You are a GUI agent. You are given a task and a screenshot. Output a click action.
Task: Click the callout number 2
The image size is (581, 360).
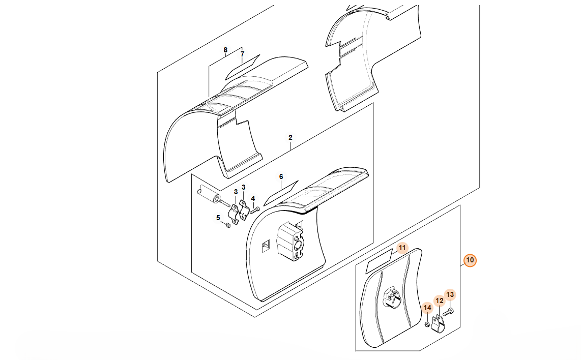click(x=290, y=137)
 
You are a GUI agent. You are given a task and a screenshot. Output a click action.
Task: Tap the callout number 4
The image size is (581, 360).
click(x=253, y=199)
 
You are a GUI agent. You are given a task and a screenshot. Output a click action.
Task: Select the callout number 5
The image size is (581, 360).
click(x=218, y=218)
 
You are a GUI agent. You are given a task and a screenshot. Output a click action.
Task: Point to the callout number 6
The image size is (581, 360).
click(x=281, y=176)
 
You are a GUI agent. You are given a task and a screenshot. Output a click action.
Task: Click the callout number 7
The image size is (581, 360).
click(x=242, y=54)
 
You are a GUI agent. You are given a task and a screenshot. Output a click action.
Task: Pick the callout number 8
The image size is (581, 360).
click(x=225, y=50)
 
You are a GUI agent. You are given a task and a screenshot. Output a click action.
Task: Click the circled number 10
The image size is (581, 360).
click(x=470, y=260)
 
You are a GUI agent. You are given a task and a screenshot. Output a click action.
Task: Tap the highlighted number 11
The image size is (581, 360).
click(x=402, y=248)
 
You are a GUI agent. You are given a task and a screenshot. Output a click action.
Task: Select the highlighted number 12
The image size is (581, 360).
click(x=440, y=301)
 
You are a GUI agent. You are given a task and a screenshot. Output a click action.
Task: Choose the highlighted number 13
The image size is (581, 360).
click(x=450, y=294)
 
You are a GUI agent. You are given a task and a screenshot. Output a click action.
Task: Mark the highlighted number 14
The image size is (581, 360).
click(x=427, y=308)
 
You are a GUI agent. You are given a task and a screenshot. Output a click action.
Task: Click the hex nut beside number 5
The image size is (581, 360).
click(x=228, y=225)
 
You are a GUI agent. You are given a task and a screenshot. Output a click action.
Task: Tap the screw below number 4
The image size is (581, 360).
click(x=255, y=211)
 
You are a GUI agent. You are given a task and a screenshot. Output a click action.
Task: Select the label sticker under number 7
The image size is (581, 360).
click(x=242, y=67)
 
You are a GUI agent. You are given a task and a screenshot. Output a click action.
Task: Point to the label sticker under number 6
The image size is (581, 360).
click(x=281, y=193)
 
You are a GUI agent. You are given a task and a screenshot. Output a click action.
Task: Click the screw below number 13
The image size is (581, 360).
click(x=448, y=313)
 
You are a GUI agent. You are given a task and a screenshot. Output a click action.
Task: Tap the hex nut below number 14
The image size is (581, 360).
click(x=427, y=324)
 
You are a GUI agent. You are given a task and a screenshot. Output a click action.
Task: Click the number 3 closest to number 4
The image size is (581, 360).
click(x=244, y=188)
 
